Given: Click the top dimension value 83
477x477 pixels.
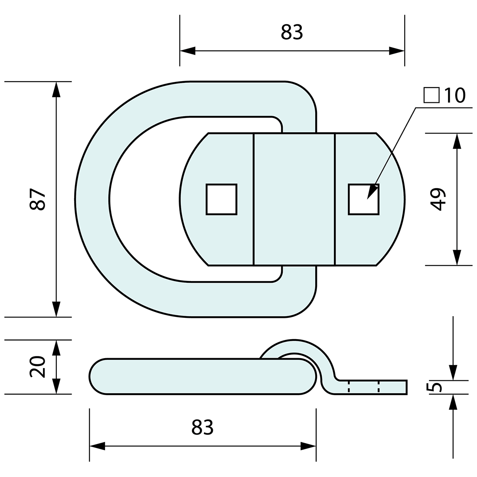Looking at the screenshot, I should [292, 33].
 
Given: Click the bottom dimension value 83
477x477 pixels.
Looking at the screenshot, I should [203, 428].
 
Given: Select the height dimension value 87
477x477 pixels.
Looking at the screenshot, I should [38, 200].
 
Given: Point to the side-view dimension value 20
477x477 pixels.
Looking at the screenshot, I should [38, 367].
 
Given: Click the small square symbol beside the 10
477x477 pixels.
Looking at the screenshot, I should [431, 95].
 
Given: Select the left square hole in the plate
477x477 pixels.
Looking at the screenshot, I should [222, 199].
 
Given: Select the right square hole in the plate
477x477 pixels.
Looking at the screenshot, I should [363, 199].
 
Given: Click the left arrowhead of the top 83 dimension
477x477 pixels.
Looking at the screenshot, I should [187, 51].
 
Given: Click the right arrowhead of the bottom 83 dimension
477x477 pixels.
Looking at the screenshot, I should [308, 446].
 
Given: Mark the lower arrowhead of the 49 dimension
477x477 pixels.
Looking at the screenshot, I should [456, 257].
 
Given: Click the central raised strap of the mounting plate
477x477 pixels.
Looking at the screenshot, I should [294, 199].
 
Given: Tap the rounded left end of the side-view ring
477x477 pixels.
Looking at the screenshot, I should [98, 376].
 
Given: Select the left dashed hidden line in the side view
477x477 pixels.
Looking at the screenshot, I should [349, 387].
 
